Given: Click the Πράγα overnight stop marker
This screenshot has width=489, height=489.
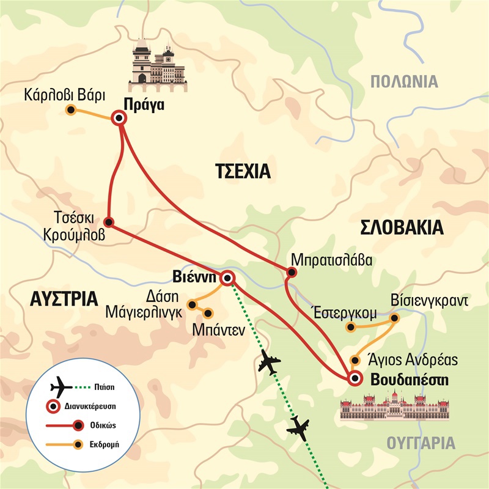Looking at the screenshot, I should coord(118,119).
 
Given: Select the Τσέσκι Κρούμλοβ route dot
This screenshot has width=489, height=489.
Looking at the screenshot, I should coord(108,222).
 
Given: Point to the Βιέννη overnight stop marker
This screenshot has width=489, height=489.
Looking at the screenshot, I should coord(227,279).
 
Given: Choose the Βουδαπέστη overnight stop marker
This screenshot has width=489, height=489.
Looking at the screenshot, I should coord(354,379).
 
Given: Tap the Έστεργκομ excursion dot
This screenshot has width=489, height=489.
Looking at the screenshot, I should coord(351,328).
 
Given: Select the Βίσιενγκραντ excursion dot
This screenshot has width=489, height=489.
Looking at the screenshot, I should coord(394,317).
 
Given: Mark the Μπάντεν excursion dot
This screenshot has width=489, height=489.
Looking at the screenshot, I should coord(207,314).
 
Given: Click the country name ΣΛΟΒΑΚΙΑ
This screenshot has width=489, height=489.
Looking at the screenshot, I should coord(401,228).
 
